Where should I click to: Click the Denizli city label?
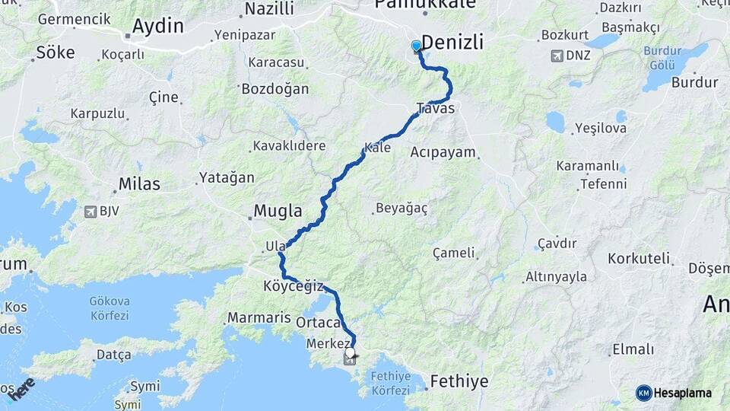click(x=452, y=42)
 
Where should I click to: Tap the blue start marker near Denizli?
click(x=416, y=47)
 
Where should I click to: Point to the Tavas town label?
click(x=436, y=109)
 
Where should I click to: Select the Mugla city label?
click(x=278, y=211)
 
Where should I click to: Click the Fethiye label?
click(x=459, y=381)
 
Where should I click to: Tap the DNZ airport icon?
click(x=558, y=56)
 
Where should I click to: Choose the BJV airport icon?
click(x=90, y=212)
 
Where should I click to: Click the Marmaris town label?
click(x=259, y=317)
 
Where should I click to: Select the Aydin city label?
click(x=157, y=26)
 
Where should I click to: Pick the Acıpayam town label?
click(x=443, y=152)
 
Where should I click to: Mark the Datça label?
click(x=114, y=355)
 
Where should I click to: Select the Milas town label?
click(x=139, y=184)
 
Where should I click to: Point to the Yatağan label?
click(x=227, y=177)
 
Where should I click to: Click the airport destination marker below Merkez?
click(x=349, y=355)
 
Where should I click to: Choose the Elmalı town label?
click(x=633, y=349)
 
